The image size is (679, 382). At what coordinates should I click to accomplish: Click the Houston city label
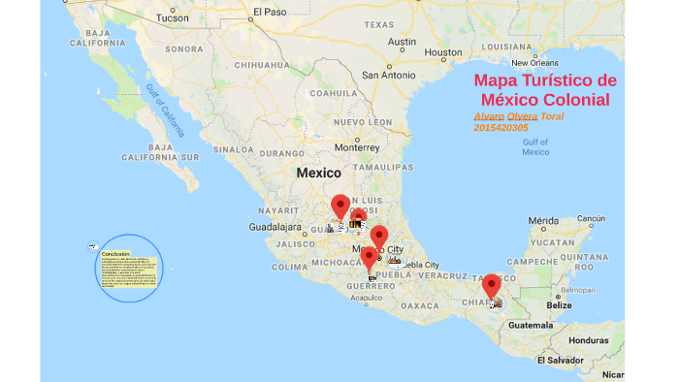pos(443,51)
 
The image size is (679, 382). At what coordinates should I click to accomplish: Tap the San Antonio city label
pos(388,75)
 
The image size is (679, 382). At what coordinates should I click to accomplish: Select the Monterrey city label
pos(359,146)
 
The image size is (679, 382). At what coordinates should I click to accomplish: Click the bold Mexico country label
pos(318,173)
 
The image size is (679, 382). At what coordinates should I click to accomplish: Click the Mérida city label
pos(543,220)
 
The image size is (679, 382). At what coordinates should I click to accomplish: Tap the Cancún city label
pos(591,218)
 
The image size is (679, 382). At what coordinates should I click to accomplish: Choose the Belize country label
pos(558,304)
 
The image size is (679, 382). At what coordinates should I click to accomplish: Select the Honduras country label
pos(588,340)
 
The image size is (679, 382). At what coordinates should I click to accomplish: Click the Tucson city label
pos(173,17)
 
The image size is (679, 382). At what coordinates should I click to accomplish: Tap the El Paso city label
pos(270,13)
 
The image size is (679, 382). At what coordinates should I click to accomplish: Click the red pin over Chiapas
pos(492,285)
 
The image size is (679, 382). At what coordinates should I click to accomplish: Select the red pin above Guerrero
pos(370,258)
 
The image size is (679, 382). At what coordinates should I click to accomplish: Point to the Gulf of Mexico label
pos(534,147)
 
